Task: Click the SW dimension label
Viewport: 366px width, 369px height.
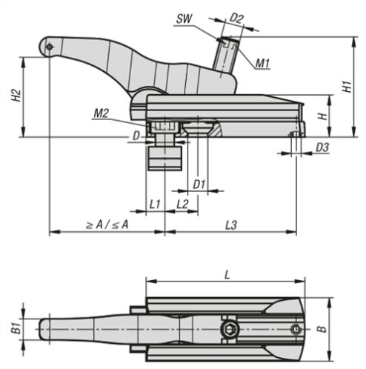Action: point(184,19)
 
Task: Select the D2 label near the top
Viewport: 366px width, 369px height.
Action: point(236,19)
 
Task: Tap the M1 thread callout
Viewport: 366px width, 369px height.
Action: point(262,64)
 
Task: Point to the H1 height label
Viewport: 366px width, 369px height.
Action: point(347,87)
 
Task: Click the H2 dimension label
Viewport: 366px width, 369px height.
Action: point(16,96)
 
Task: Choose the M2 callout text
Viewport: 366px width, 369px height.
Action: point(102,113)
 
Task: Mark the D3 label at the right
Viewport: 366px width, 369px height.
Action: point(322,147)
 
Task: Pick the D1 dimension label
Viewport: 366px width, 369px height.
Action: point(199,184)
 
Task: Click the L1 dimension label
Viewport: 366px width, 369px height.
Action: point(155,205)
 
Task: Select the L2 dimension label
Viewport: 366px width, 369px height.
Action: point(182,205)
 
